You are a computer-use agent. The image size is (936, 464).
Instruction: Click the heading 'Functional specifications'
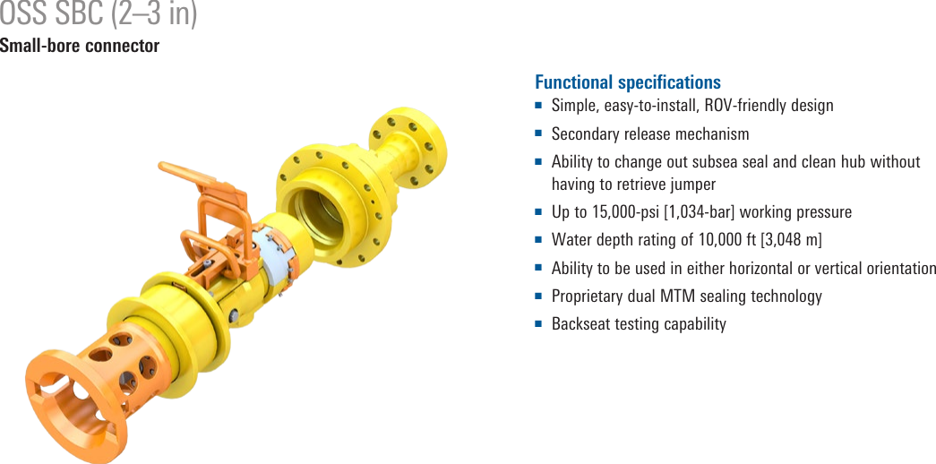coord(627,82)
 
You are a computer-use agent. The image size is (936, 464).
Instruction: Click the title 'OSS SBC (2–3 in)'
coord(99,15)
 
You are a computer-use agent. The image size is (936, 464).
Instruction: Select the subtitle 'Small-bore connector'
coord(80,46)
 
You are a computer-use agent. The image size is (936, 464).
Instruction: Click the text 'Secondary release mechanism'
coord(650,133)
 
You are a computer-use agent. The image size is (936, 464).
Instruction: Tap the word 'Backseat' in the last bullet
coord(580,323)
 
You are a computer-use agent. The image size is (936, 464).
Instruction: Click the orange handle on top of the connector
coord(188,175)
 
